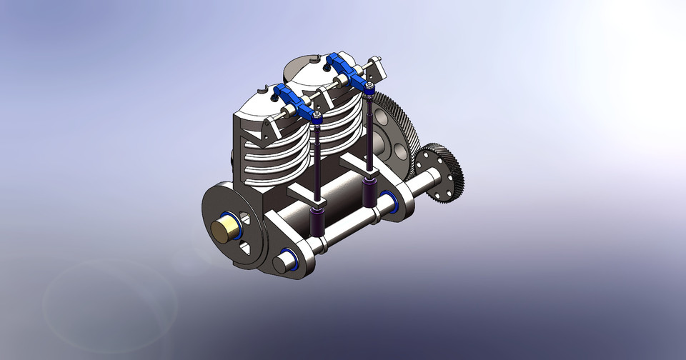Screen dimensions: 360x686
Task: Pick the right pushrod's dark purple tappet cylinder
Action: pos(371,191)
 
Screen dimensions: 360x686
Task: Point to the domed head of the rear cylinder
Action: pos(307,68)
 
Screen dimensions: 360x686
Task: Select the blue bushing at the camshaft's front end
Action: pos(289,260)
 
